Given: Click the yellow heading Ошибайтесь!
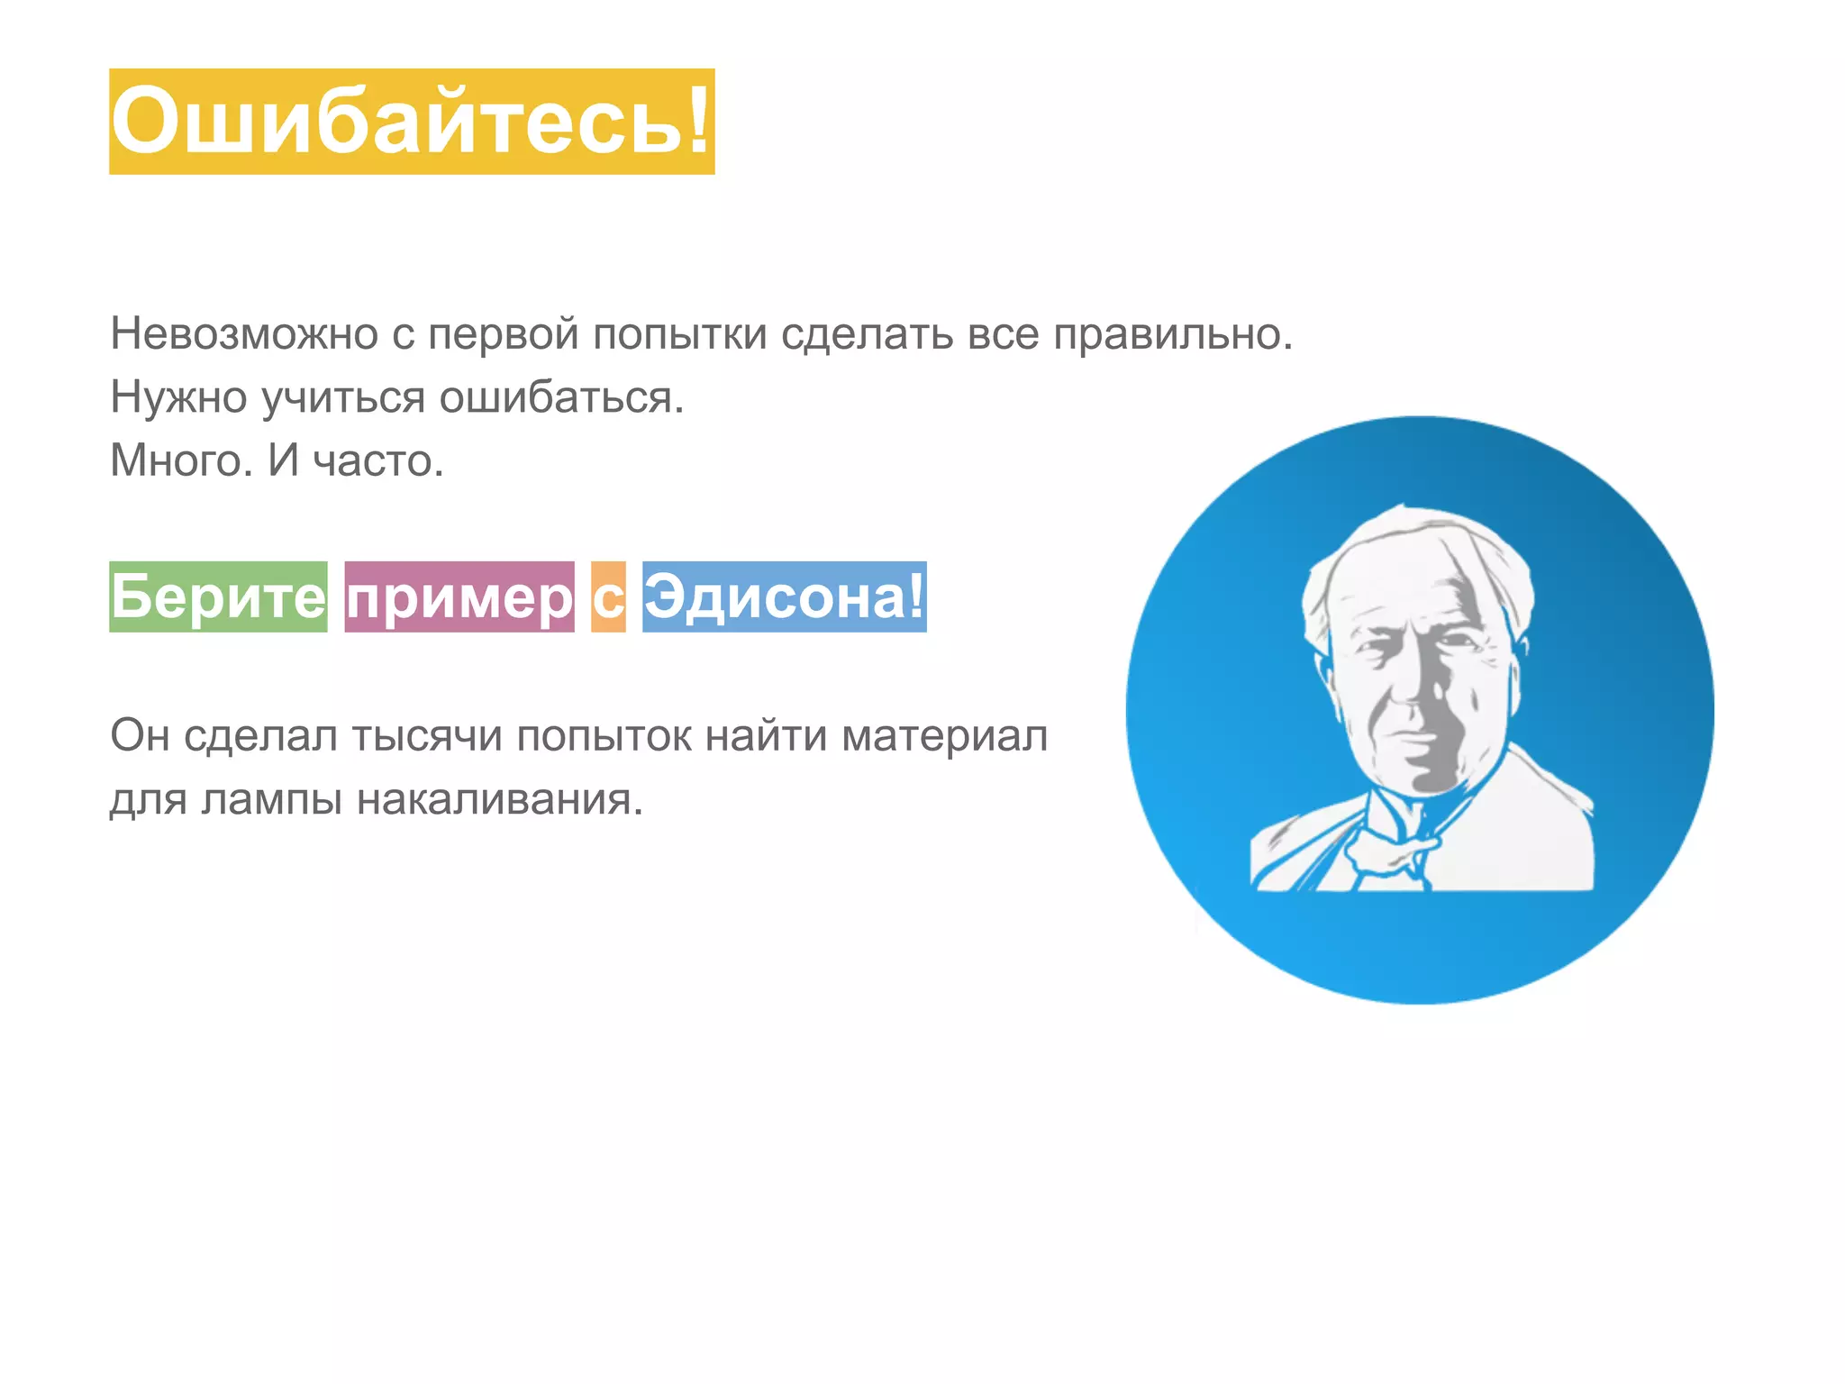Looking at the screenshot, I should pyautogui.click(x=412, y=122).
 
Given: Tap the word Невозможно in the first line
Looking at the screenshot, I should pyautogui.click(x=244, y=334).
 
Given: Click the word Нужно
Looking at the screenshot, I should pyautogui.click(x=178, y=398).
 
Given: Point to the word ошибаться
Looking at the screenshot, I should pyautogui.click(x=560, y=398).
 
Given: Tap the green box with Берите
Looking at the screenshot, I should pyautogui.click(x=218, y=596).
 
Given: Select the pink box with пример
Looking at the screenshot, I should pyautogui.click(x=459, y=597).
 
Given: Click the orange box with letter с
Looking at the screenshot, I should pyautogui.click(x=608, y=597).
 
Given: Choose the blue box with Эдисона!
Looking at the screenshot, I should pyautogui.click(x=784, y=596).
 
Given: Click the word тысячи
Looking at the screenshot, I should pyautogui.click(x=426, y=736).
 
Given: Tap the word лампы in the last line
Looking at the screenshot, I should pyautogui.click(x=271, y=800).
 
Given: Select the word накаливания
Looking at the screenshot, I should pyautogui.click(x=499, y=800).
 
